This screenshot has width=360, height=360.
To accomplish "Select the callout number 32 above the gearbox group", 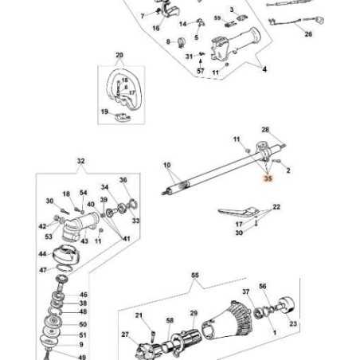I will [x=80, y=161].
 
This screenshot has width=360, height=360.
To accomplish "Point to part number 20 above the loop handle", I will [x=119, y=56].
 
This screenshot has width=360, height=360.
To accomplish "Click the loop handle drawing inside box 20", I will [x=123, y=87].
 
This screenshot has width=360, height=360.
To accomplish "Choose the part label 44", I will [x=41, y=254].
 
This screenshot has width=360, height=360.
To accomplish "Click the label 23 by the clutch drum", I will [x=293, y=324].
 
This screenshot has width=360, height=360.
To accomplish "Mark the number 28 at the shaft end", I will [x=266, y=130].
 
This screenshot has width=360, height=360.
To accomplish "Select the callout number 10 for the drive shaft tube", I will [x=166, y=169].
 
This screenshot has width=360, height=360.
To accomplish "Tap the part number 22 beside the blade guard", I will [x=277, y=207].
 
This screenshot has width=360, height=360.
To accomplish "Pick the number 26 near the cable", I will [x=308, y=35].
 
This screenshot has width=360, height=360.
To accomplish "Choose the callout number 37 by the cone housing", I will [x=246, y=292].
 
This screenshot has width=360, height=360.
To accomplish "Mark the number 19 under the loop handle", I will [x=104, y=112].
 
